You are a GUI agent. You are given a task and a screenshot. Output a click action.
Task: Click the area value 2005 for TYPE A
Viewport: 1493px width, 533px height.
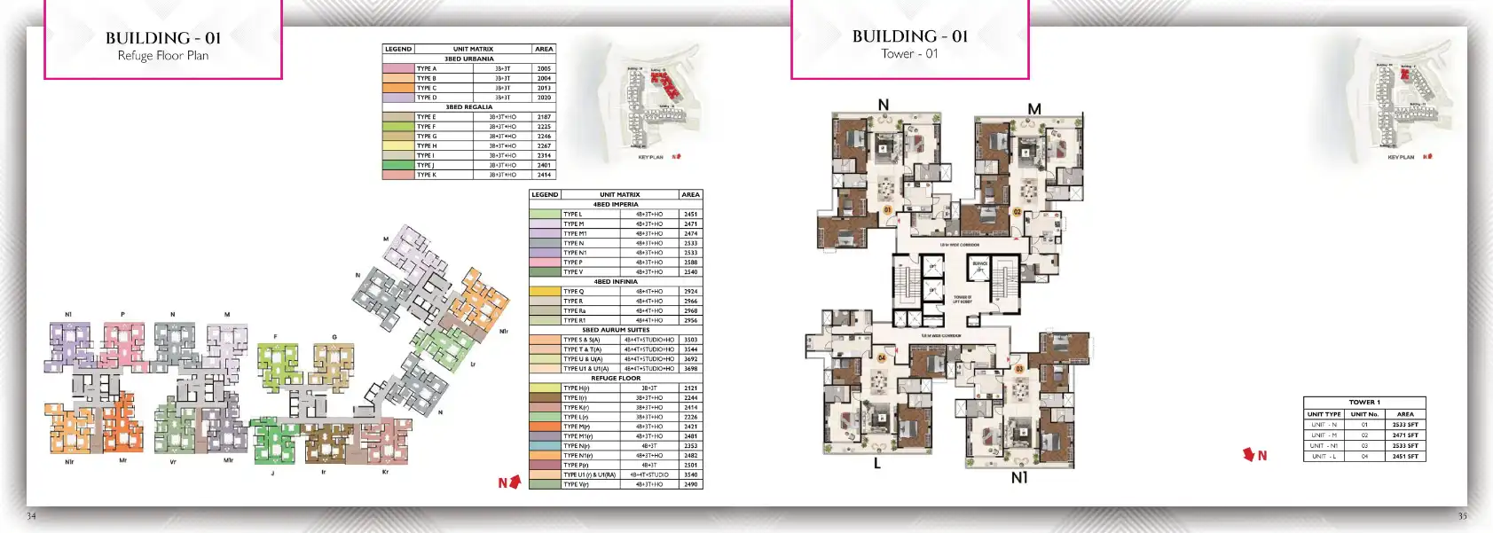click(x=544, y=68)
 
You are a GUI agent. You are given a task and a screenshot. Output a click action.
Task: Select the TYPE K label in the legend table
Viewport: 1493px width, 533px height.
click(x=427, y=175)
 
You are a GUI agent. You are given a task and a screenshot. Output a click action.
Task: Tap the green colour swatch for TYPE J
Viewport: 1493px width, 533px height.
click(x=398, y=165)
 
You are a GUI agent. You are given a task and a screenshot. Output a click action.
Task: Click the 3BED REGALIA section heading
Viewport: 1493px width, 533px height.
click(x=468, y=107)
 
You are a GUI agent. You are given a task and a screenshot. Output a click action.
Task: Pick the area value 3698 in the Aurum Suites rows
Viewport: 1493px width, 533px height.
click(x=690, y=369)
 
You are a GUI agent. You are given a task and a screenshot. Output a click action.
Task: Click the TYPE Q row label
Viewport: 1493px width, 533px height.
click(x=574, y=291)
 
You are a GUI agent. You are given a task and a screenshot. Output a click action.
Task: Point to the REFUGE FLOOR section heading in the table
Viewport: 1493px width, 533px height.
click(x=616, y=379)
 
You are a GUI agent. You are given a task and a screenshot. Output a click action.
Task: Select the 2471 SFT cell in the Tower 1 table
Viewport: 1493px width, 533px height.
click(x=1405, y=435)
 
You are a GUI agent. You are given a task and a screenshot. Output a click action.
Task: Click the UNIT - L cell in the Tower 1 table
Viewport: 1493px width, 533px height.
click(x=1324, y=457)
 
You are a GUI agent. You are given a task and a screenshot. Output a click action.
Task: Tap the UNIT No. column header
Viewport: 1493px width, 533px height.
click(x=1364, y=414)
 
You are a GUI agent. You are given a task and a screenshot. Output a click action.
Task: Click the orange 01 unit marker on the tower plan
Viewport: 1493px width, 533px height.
click(x=887, y=210)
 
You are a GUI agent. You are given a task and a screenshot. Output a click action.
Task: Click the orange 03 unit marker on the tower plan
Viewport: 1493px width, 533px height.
click(x=1019, y=369)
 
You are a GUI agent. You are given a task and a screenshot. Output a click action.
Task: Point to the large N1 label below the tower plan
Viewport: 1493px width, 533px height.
click(x=1019, y=478)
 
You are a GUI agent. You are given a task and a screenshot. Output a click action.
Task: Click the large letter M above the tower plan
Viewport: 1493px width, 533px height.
click(x=1034, y=109)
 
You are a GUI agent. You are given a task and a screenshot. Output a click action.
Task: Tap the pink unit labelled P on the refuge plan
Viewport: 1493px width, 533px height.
click(x=123, y=346)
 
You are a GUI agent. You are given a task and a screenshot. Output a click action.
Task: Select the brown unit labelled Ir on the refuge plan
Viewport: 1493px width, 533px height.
click(x=326, y=442)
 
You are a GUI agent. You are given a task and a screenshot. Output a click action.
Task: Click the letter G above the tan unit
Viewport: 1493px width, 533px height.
click(x=334, y=337)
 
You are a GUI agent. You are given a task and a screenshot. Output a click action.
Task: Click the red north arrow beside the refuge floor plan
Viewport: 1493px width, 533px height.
click(x=514, y=482)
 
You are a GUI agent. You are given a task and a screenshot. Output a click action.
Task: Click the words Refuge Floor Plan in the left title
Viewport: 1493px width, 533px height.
click(x=163, y=56)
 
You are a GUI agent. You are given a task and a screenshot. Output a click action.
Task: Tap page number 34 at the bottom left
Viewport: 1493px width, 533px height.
click(x=32, y=516)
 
